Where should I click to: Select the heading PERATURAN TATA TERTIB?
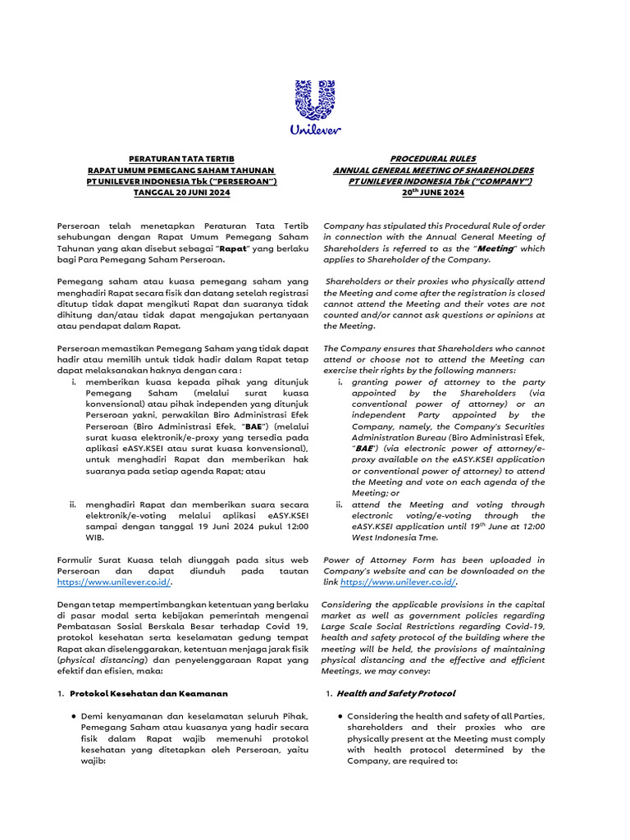click(x=182, y=158)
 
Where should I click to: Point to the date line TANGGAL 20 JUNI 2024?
click(x=182, y=192)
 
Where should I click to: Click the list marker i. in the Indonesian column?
click(x=76, y=381)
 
